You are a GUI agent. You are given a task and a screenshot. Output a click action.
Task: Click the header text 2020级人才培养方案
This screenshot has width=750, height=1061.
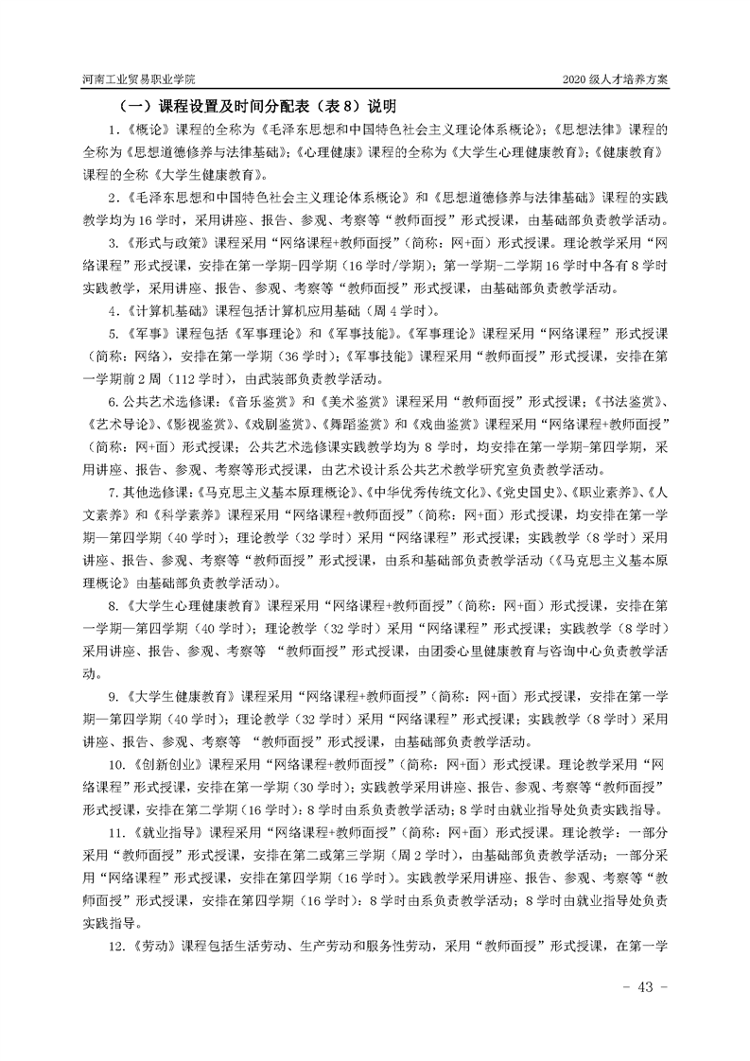point(616,79)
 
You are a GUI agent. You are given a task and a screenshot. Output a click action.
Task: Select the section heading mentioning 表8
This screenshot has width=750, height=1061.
point(255,106)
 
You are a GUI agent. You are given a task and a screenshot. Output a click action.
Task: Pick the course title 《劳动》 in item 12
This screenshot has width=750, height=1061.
point(153,948)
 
